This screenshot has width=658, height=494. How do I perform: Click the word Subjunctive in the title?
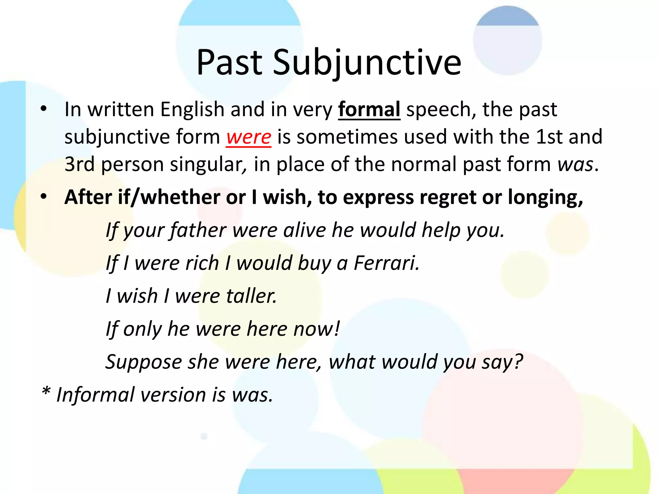[367, 63]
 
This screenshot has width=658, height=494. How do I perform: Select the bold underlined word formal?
[369, 110]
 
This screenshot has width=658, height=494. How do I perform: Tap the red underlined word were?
[248, 137]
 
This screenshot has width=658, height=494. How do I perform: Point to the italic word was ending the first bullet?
[575, 165]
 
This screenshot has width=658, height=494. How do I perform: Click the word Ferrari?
[386, 263]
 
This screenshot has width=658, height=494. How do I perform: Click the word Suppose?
[144, 362]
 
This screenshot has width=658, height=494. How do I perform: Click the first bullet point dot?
[44, 109]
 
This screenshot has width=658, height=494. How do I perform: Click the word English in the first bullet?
[192, 110]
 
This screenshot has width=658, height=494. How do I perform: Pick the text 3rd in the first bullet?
[80, 165]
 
